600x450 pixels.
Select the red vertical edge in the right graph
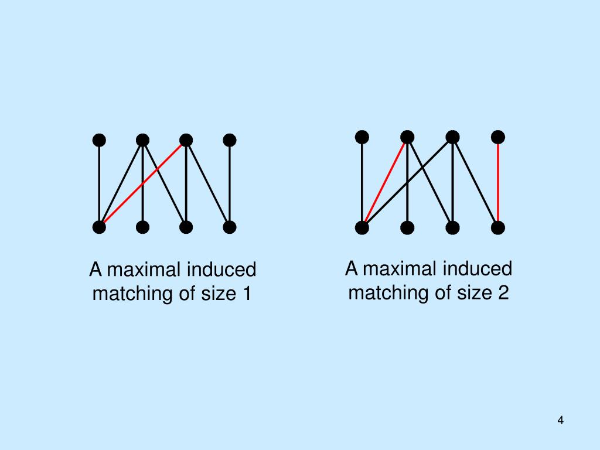[498, 182]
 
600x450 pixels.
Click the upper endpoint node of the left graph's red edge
[186, 140]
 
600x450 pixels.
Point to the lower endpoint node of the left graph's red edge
[100, 227]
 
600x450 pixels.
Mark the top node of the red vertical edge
[498, 137]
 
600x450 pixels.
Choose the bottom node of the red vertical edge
[498, 227]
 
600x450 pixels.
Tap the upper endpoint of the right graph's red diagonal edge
[407, 137]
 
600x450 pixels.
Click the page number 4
[561, 420]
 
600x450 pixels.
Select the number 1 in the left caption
[246, 293]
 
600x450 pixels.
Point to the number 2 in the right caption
[503, 292]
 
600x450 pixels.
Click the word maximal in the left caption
[144, 270]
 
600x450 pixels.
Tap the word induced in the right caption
[477, 269]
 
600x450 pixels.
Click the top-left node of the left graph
[100, 140]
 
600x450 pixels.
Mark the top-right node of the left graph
[230, 140]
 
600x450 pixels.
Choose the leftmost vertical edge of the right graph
[362, 182]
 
